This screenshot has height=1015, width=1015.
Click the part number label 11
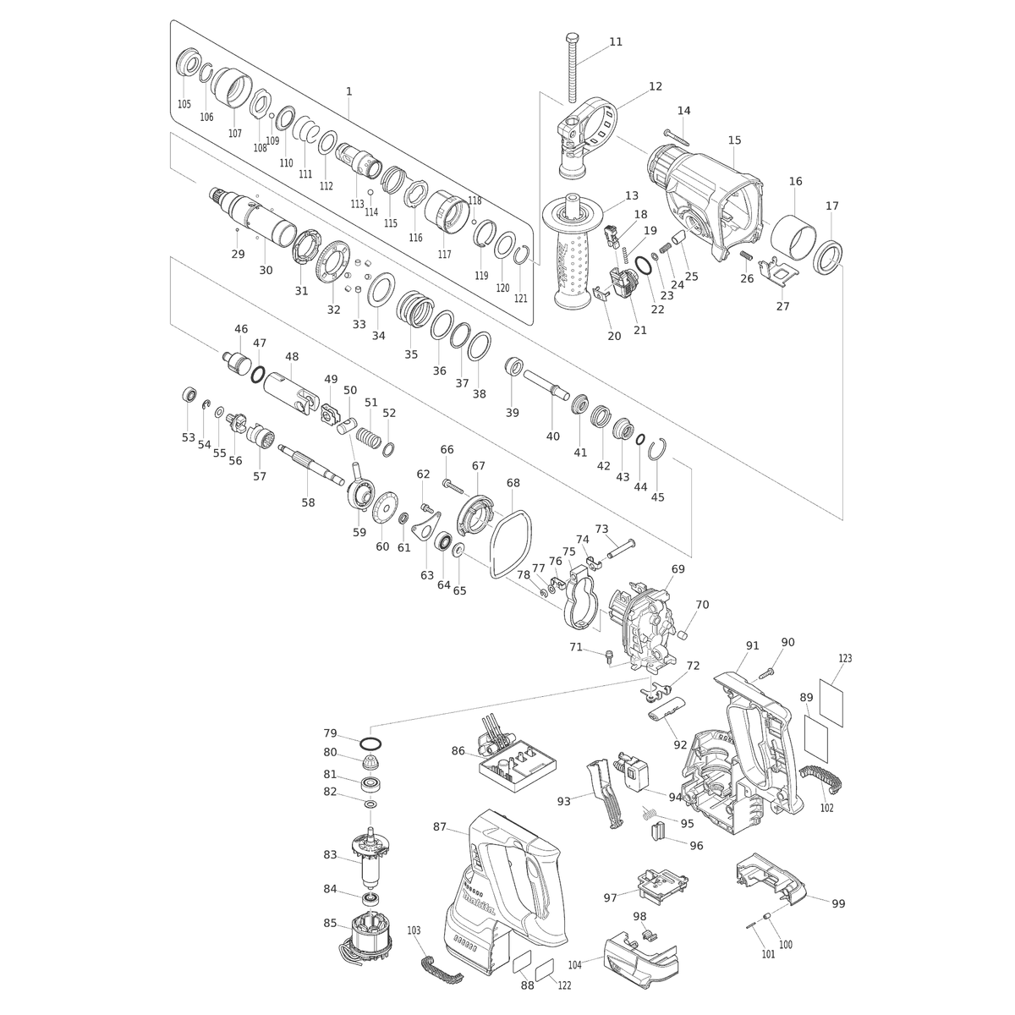tap(615, 41)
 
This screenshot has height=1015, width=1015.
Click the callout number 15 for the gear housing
tap(734, 140)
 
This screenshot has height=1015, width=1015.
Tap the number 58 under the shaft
tap(308, 502)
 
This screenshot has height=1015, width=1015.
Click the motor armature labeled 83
tap(370, 856)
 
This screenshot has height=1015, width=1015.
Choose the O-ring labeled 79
tap(370, 743)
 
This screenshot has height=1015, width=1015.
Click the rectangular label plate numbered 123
tap(831, 703)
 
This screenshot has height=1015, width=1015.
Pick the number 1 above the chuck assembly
tap(348, 91)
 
